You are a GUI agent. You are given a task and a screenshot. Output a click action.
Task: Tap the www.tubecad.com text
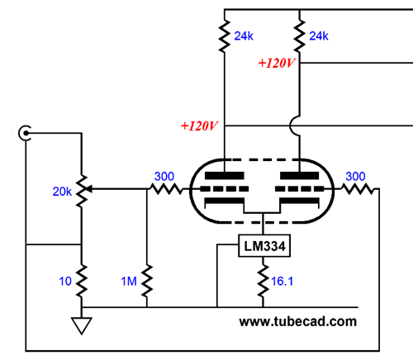click(297, 321)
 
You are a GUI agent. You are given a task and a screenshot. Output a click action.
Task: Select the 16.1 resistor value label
click(282, 281)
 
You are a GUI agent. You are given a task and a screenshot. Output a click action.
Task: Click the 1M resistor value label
click(129, 281)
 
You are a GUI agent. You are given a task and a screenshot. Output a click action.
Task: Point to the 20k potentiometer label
click(62, 192)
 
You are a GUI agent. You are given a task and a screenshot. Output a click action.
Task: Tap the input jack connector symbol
click(25, 133)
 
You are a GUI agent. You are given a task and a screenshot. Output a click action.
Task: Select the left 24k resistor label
click(244, 36)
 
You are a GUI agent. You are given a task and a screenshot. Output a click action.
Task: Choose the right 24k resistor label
click(319, 36)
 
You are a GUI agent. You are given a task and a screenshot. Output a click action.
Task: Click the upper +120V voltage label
click(277, 63)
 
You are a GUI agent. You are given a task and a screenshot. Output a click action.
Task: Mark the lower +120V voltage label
click(199, 126)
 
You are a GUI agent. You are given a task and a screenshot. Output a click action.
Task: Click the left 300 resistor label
click(164, 177)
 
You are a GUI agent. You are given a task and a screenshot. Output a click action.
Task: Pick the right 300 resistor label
click(355, 177)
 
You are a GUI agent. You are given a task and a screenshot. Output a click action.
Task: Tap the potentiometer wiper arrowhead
click(89, 189)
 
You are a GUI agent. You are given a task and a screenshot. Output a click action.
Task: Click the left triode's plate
click(225, 176)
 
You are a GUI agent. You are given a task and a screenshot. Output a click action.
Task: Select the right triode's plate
click(300, 176)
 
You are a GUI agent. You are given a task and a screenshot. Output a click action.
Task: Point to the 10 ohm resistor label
click(65, 281)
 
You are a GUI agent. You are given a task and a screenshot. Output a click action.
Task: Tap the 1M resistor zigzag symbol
click(147, 281)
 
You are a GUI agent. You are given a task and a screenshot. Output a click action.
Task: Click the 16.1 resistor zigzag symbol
click(263, 281)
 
